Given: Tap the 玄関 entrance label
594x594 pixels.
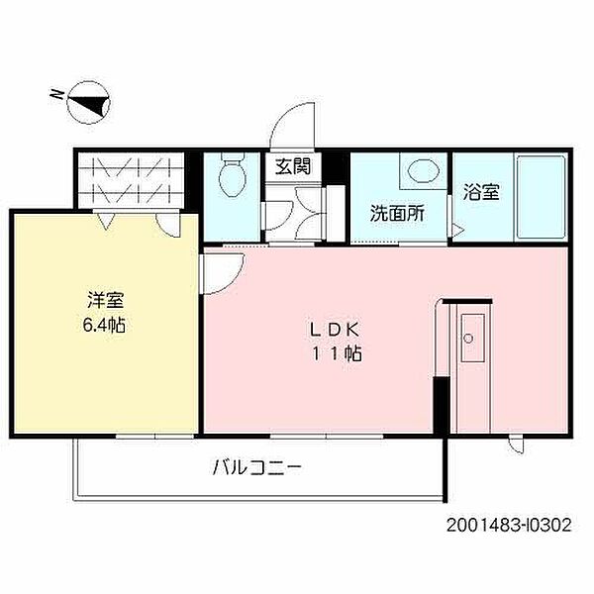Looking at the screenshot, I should coord(293,166).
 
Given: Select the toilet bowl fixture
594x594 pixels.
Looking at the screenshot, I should coord(233,177).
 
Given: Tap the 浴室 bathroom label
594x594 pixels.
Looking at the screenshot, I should coord(482,193).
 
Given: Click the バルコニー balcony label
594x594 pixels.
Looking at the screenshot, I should coord(255,465).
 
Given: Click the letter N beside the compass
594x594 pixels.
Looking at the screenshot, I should coord(57,95).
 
